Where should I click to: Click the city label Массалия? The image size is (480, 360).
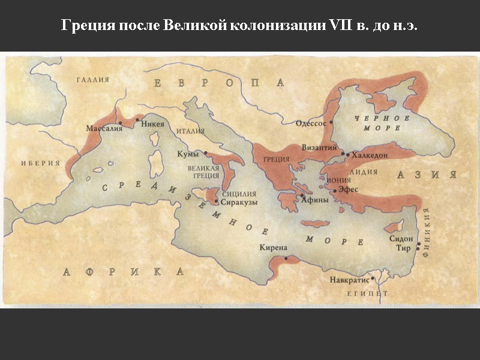tap(103, 128)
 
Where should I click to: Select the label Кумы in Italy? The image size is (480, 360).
tap(188, 154)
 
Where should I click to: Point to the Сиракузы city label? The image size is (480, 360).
tap(239, 203)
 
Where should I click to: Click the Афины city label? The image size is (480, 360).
tap(314, 200)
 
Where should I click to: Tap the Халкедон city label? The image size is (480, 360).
tap(370, 155)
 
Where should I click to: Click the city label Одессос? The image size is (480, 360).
tap(311, 123)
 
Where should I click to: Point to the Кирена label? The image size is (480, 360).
tap(274, 247)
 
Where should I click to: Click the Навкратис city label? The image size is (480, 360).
tap(349, 280)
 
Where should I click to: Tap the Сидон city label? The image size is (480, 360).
tap(401, 238)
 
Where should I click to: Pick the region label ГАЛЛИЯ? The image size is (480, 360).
tap(92, 79)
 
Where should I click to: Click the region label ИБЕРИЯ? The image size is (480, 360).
tap(40, 163)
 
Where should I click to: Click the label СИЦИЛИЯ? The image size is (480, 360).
tap(239, 194)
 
